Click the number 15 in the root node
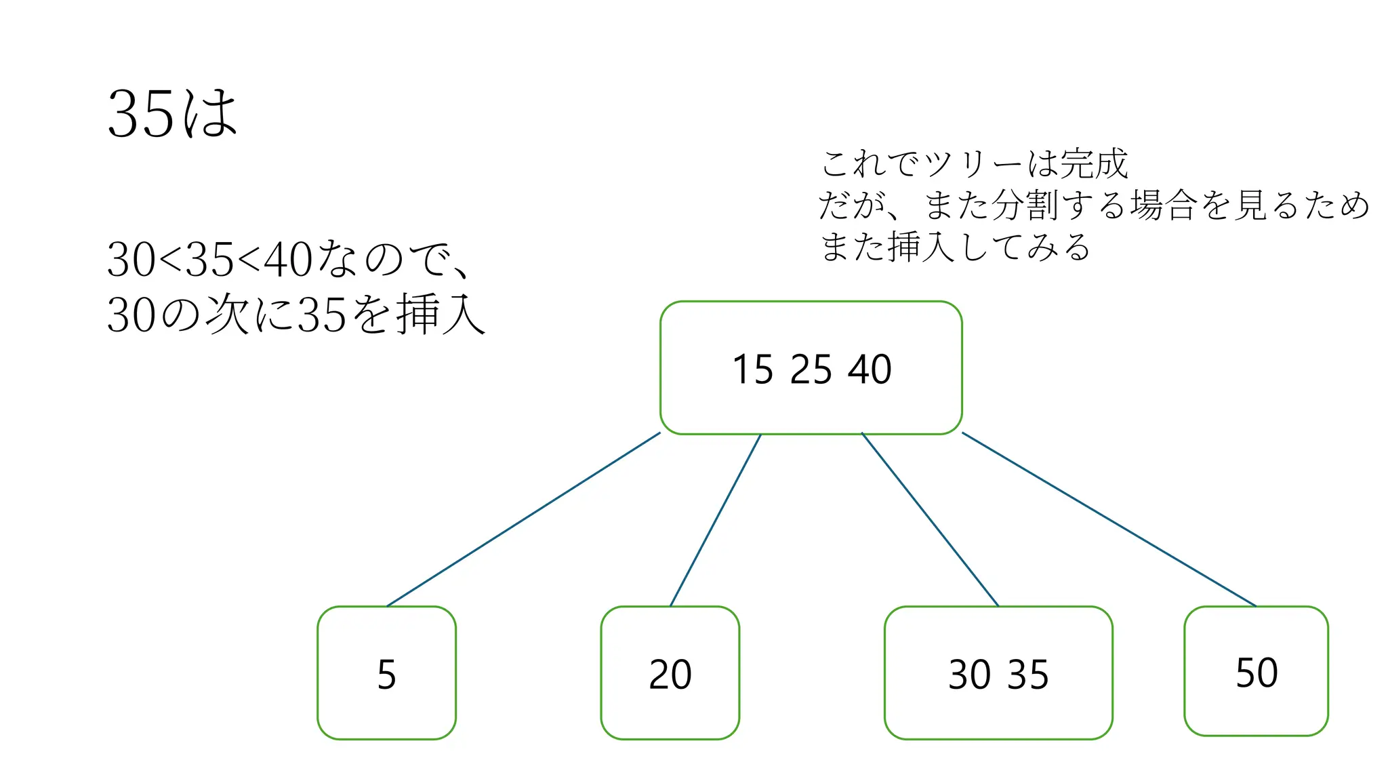click(x=752, y=370)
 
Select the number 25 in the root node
click(x=811, y=370)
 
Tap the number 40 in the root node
click(x=870, y=370)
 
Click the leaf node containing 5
click(x=386, y=673)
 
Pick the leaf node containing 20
click(x=670, y=673)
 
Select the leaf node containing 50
click(x=1256, y=671)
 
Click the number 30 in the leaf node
click(x=968, y=675)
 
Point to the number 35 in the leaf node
click(x=1028, y=675)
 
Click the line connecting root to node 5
click(x=523, y=519)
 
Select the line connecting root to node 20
click(x=715, y=520)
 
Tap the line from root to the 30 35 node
click(x=930, y=519)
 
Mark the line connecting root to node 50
click(x=1109, y=519)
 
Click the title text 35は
click(x=172, y=114)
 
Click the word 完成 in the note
click(x=1094, y=164)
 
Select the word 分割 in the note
click(x=1024, y=205)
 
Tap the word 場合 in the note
click(x=1163, y=205)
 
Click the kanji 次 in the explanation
click(x=226, y=315)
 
